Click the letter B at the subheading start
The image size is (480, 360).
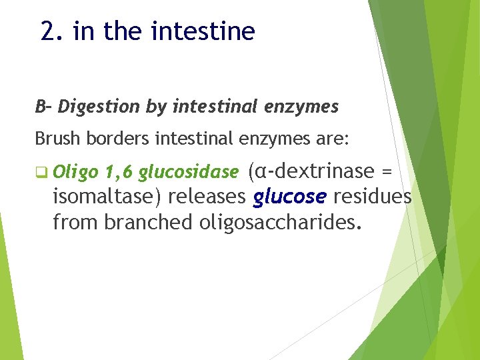41,106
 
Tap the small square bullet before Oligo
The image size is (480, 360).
41,173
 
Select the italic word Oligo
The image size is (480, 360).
75,173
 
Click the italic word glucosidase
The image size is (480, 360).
188,173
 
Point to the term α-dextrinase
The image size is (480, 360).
311,172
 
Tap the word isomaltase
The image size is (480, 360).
106,197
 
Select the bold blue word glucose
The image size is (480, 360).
290,197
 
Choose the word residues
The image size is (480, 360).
372,197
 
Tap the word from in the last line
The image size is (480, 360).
75,222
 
